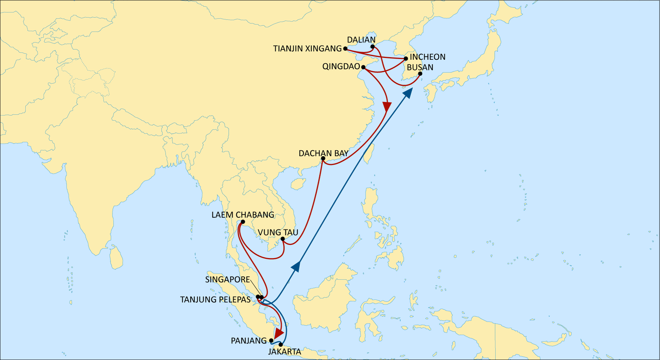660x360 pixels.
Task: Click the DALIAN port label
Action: click(361, 40)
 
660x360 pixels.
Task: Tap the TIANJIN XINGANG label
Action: click(307, 48)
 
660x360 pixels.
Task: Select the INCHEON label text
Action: click(428, 57)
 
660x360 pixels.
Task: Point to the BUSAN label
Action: click(420, 67)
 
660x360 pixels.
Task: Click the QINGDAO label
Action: click(341, 66)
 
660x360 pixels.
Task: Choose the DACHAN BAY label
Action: click(323, 153)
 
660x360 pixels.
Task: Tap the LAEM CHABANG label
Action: click(243, 215)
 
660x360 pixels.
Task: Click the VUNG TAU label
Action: click(278, 232)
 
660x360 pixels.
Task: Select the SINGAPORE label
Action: click(227, 280)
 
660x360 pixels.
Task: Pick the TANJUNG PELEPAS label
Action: click(215, 300)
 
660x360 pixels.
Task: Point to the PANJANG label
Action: click(249, 341)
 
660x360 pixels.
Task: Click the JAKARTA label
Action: click(285, 352)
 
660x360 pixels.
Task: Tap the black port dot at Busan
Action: click(420, 74)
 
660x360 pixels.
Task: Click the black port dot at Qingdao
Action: click(363, 67)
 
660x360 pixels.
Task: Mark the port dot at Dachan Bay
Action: click(323, 159)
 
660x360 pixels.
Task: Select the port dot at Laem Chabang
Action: click(243, 222)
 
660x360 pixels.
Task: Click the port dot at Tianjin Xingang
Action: click(345, 48)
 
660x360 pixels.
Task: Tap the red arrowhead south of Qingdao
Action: click(387, 107)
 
